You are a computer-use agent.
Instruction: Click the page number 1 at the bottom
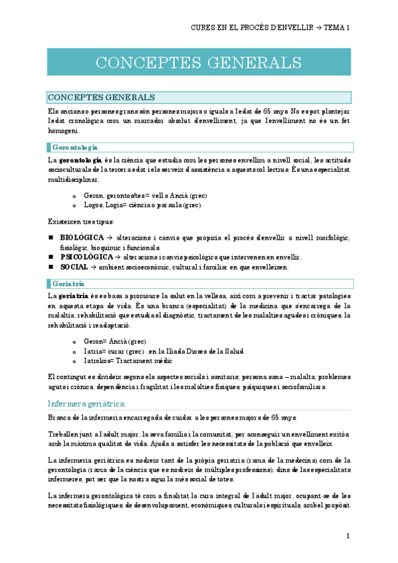(x=348, y=536)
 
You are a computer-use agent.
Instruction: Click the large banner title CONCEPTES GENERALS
(x=199, y=62)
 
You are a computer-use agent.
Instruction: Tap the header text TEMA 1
(x=337, y=28)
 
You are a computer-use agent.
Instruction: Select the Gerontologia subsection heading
(x=74, y=147)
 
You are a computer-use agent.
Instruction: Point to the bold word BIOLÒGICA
(x=81, y=237)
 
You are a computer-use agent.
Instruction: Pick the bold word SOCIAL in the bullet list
(x=74, y=267)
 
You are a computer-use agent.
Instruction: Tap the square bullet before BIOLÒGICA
(x=51, y=237)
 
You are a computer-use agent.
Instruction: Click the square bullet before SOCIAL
(x=51, y=267)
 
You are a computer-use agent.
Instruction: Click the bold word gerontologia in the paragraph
(x=80, y=160)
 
